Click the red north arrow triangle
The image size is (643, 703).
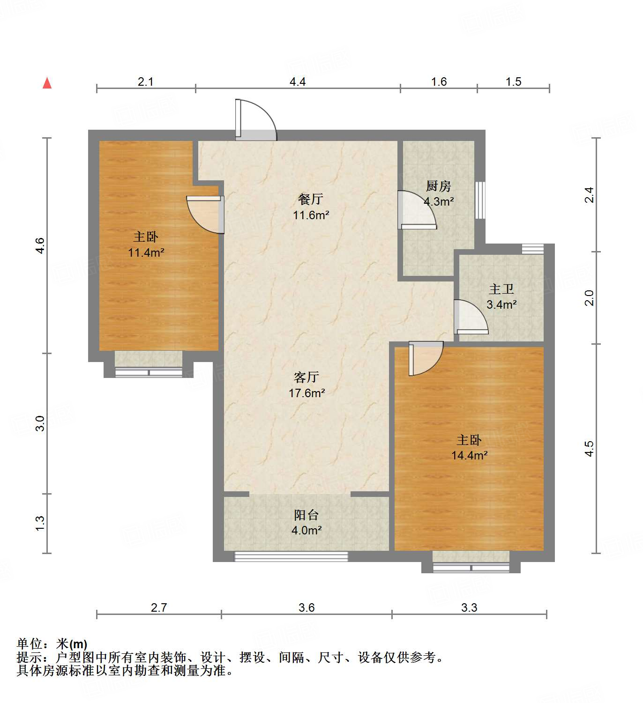tap(47, 83)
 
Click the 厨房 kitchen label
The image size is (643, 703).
tap(438, 186)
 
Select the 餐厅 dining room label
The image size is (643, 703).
tap(310, 200)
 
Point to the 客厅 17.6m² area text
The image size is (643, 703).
tap(307, 393)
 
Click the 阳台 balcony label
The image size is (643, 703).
tap(307, 515)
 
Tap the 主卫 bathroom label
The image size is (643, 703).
tap(501, 289)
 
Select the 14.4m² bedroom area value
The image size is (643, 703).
tap(469, 455)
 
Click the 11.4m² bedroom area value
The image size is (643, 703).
tap(146, 253)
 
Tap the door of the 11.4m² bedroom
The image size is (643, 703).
tap(205, 214)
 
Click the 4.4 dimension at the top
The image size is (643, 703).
tap(297, 82)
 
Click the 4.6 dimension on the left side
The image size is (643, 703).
tap(40, 246)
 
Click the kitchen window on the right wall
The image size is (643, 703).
tap(480, 200)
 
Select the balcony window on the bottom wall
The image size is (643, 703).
tap(291, 556)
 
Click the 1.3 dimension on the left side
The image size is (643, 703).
tap(40, 523)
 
